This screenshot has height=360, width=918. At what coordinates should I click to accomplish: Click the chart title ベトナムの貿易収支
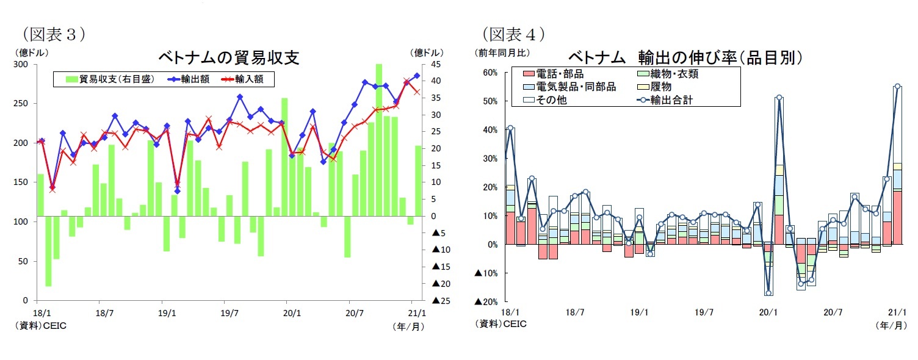[x=229, y=57]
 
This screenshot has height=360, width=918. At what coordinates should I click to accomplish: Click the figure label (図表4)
[x=513, y=34]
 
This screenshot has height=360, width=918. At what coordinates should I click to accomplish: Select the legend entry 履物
[x=661, y=87]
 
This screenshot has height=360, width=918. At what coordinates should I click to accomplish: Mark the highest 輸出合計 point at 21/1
[x=897, y=86]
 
